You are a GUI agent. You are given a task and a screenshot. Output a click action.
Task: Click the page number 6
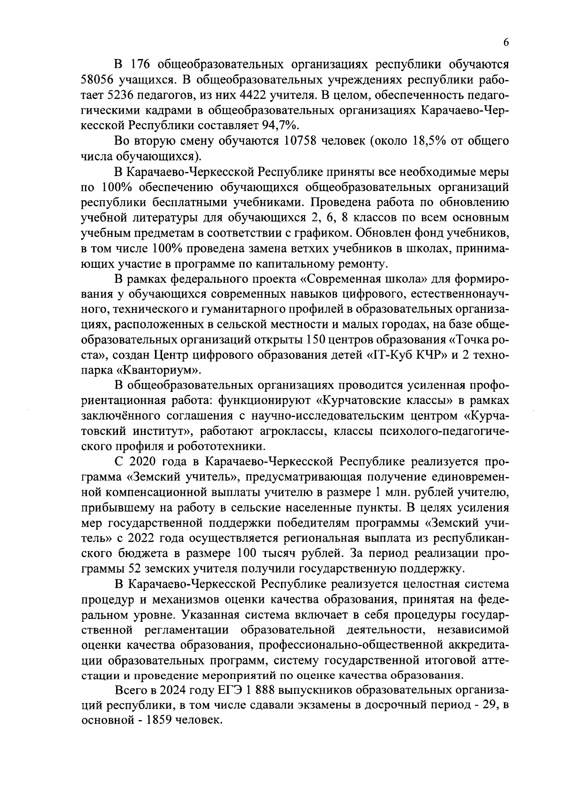[505, 42]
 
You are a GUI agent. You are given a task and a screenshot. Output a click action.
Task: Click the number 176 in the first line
[141, 63]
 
